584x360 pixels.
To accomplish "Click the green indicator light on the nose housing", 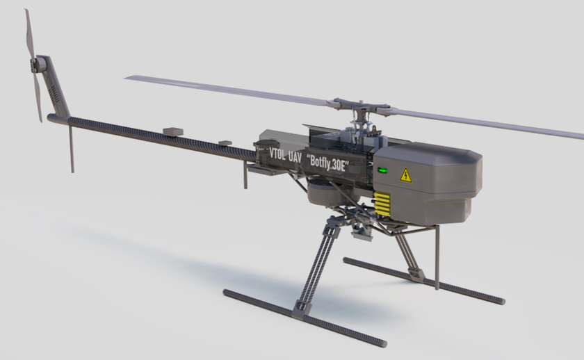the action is [382, 170].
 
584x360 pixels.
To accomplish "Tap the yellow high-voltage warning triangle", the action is [405, 176].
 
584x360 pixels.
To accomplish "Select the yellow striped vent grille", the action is [382, 204].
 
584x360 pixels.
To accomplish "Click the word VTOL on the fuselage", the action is [277, 154].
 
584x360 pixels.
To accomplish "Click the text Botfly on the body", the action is [319, 162].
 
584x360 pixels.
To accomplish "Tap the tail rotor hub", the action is [37, 65].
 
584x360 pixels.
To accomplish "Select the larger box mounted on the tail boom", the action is [173, 131].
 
